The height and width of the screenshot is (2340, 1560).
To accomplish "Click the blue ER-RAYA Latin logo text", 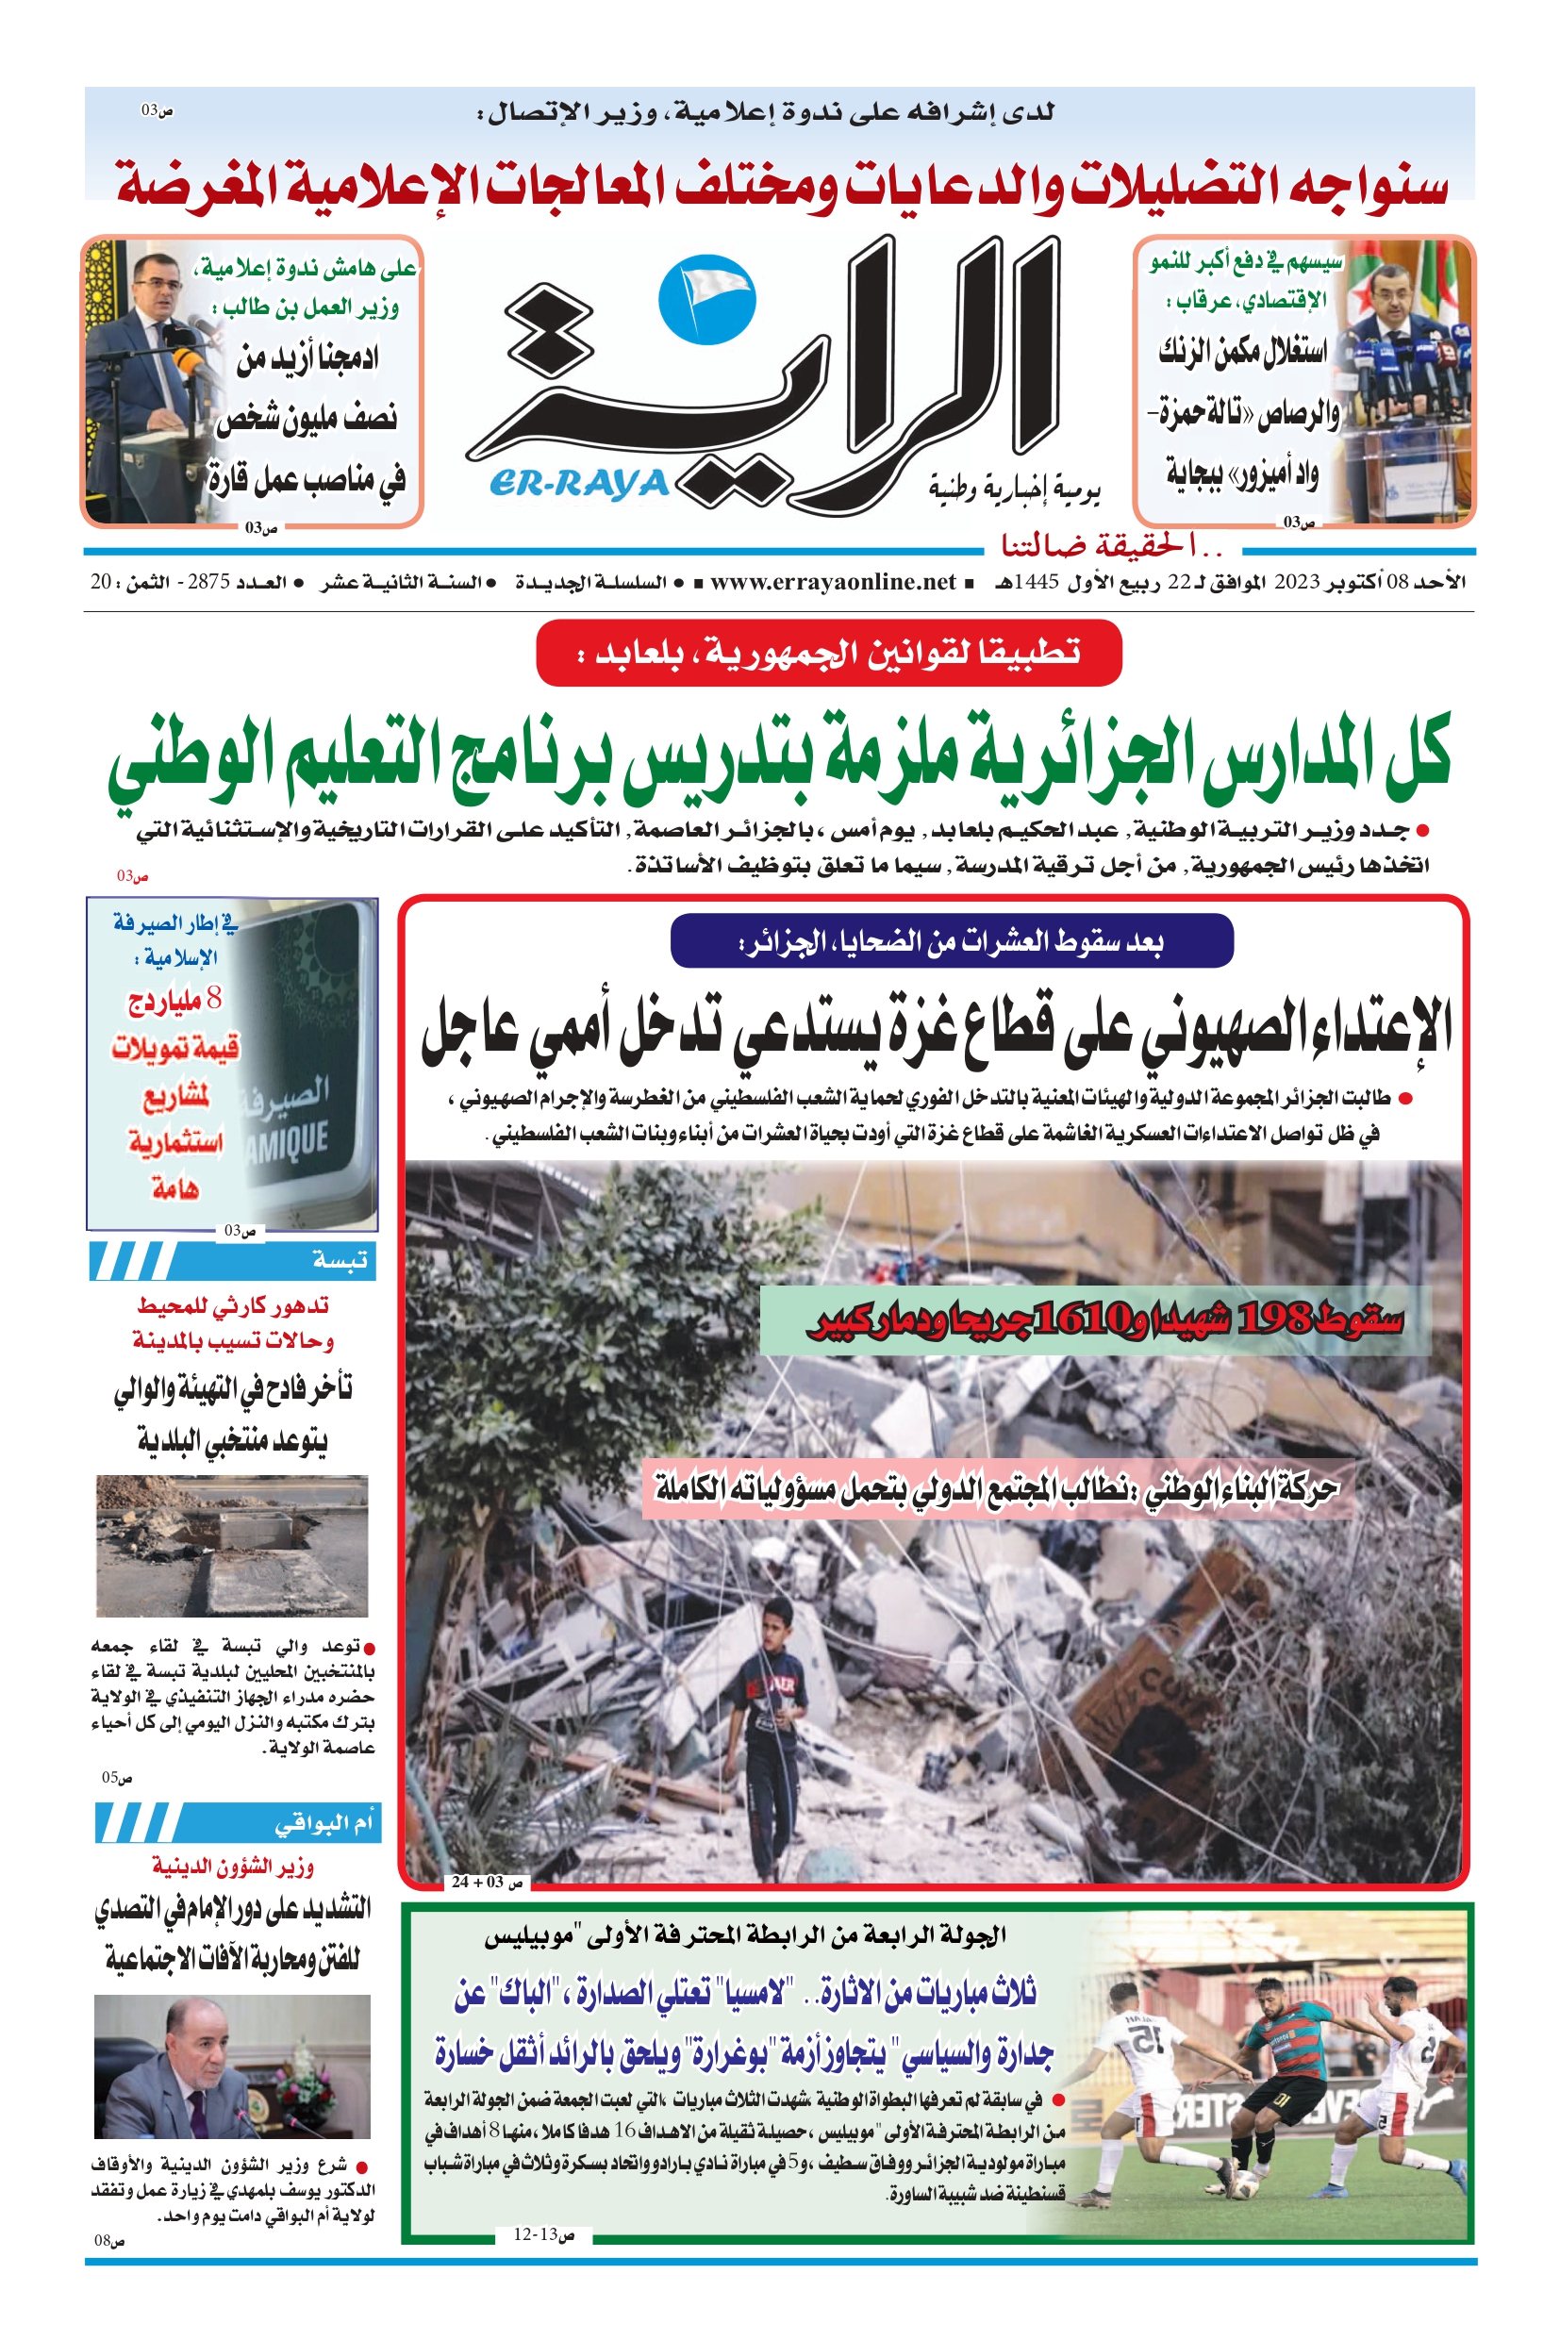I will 579,484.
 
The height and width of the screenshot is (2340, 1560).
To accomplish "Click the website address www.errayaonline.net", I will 833,582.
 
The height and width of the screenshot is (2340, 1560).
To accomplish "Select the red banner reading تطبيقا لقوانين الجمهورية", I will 829,653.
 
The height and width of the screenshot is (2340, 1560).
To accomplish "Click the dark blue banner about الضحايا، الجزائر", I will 951,941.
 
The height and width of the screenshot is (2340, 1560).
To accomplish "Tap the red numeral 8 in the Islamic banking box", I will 212,1000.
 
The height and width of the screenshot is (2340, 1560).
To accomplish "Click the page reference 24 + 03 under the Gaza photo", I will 487,1882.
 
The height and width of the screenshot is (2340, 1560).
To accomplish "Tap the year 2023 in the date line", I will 1296,582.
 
